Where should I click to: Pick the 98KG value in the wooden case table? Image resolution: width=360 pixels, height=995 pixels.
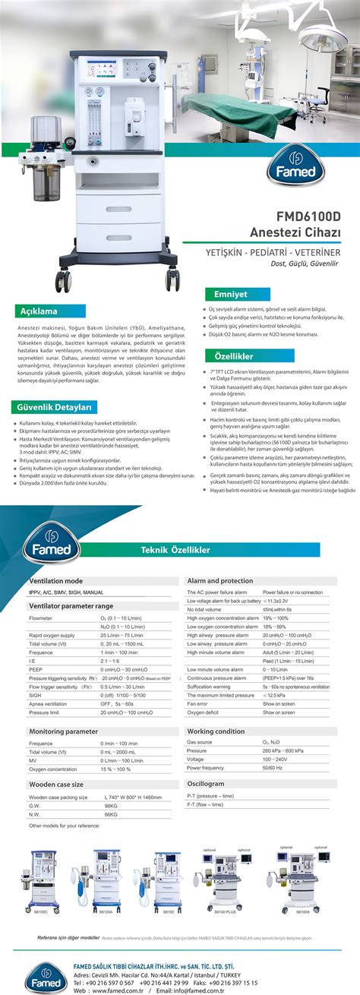click(111, 805)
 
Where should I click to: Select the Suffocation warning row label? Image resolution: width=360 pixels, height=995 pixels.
click(213, 686)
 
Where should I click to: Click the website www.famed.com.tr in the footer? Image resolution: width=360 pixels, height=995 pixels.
click(120, 990)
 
